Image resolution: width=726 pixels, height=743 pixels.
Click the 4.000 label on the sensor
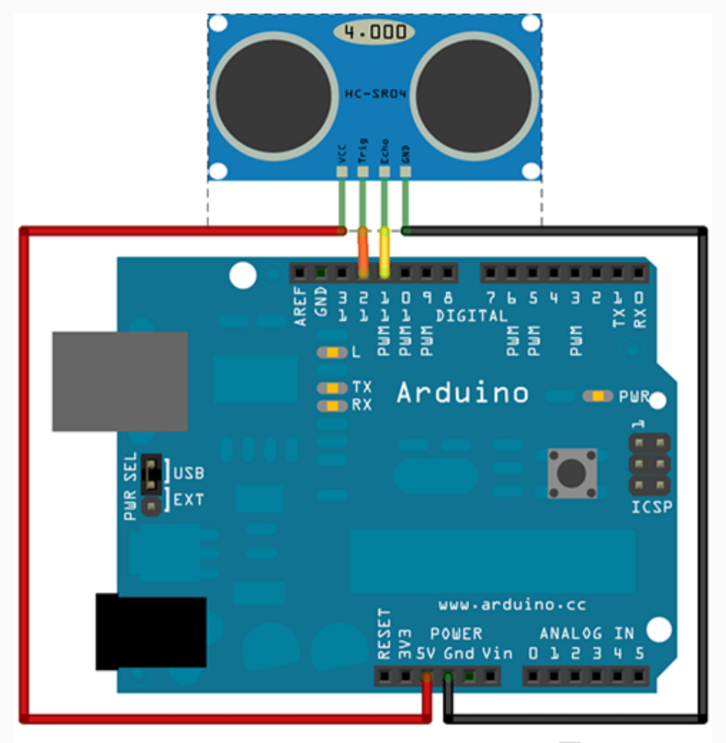[374, 32]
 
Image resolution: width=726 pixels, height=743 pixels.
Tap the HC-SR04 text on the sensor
[374, 94]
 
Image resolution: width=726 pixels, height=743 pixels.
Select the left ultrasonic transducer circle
[274, 95]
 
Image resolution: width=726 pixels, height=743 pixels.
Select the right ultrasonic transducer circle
[475, 95]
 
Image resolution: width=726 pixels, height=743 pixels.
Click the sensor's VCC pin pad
[342, 171]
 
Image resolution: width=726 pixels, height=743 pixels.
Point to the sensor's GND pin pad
[405, 171]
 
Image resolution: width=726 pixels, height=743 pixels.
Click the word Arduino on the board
[462, 393]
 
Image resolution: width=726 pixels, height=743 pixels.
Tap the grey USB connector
[120, 381]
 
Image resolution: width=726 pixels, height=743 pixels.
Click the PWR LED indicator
[598, 396]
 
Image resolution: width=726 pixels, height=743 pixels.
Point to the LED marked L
[332, 352]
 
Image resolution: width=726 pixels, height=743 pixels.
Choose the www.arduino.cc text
[512, 605]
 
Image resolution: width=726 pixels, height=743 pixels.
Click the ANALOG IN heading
[587, 633]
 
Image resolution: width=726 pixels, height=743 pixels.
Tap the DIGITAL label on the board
[471, 315]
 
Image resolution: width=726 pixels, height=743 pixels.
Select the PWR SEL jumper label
[130, 486]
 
